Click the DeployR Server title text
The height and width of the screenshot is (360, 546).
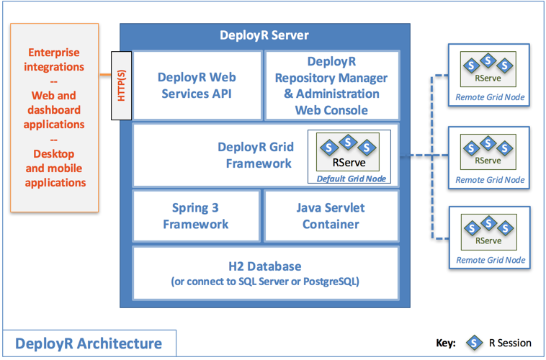[x=264, y=35]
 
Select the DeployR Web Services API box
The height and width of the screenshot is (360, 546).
[x=197, y=85]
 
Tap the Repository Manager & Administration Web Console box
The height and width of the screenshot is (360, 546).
[x=332, y=85]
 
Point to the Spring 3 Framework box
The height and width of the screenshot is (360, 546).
[x=197, y=215]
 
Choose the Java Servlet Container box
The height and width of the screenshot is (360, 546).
[x=332, y=215]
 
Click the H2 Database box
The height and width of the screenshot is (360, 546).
[x=264, y=274]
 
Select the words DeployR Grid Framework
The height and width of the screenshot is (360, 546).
[x=255, y=155]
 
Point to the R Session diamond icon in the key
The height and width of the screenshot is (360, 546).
[x=474, y=343]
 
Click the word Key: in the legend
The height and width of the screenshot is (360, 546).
[x=447, y=343]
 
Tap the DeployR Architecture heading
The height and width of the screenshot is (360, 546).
[x=89, y=343]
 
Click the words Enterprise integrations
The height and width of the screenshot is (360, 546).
[x=55, y=60]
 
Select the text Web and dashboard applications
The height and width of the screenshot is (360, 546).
[x=55, y=109]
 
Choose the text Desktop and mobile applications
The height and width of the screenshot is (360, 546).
[x=55, y=168]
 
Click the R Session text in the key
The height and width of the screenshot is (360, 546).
[x=510, y=343]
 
